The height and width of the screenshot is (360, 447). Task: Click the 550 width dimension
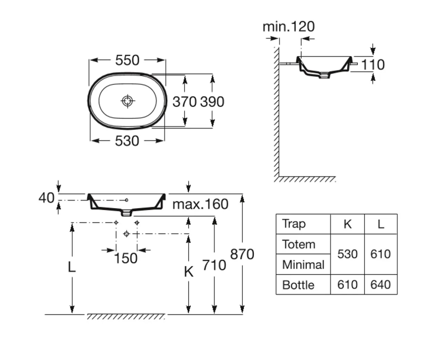(x=127, y=60)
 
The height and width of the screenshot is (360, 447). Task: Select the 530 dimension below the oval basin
(x=127, y=141)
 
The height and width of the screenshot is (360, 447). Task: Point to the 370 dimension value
(x=185, y=102)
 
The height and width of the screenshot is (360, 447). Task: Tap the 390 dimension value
(x=212, y=102)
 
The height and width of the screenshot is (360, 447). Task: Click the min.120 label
(x=288, y=27)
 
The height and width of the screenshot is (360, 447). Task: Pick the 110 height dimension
(x=373, y=65)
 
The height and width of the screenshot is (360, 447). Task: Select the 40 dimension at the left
(x=46, y=198)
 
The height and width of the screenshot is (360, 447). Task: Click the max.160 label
(x=200, y=204)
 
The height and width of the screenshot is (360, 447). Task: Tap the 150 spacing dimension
(x=126, y=259)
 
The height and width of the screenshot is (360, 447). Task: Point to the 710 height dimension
(x=214, y=265)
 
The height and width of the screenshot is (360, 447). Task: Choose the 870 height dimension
(x=242, y=254)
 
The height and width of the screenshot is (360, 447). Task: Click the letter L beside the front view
(x=72, y=267)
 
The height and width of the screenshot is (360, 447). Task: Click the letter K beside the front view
(x=188, y=271)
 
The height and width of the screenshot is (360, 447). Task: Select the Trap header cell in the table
(x=294, y=224)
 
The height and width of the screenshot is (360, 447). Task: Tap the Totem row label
(x=299, y=244)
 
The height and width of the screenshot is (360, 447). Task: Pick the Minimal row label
(x=303, y=265)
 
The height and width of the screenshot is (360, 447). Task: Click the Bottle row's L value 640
(x=381, y=285)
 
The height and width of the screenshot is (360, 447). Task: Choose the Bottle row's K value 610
(x=347, y=285)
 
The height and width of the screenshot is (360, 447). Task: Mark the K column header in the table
(x=347, y=224)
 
